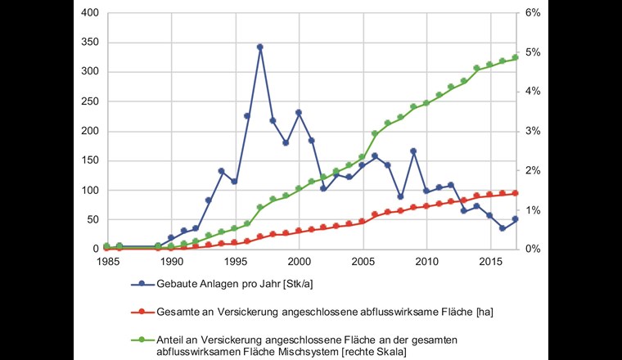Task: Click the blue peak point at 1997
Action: point(260,47)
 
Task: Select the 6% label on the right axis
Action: point(532,13)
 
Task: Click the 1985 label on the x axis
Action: point(106,262)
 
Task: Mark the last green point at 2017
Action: point(515,57)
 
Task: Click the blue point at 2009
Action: point(413,151)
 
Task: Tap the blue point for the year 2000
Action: point(299,112)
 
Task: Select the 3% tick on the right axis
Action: point(532,131)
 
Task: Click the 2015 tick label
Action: point(489,262)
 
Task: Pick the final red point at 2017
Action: point(515,193)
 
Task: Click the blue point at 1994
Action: point(222,171)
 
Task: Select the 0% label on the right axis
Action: point(532,249)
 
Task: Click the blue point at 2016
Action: point(503,228)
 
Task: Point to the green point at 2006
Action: point(375,133)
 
